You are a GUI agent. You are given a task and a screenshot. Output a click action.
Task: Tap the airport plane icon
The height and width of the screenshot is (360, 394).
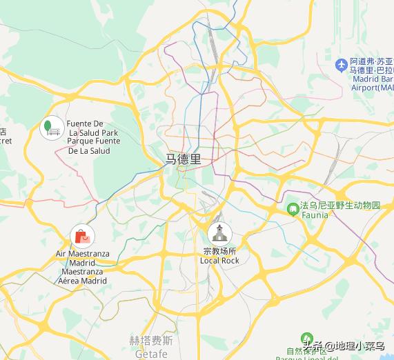tap(340, 65)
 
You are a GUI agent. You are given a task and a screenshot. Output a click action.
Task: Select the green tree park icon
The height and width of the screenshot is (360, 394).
tap(51, 128)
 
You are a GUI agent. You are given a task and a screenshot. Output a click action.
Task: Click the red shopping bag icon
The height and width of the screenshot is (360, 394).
tap(81, 237)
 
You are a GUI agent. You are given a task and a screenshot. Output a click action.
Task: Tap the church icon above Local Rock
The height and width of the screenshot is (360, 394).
tap(219, 233)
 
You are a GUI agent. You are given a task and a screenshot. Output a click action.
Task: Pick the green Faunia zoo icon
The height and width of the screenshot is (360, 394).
tap(293, 207)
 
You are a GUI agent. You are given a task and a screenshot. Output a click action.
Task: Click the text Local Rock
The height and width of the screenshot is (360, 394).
tap(219, 261)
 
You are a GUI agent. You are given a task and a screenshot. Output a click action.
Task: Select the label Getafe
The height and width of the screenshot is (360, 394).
tap(151, 354)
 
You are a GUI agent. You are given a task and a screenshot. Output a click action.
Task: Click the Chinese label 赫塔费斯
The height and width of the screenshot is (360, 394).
tap(151, 341)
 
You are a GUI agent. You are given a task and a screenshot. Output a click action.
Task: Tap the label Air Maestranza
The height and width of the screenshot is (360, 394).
tap(82, 254)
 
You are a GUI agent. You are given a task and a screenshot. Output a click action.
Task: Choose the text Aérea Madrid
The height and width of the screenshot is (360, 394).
tap(82, 281)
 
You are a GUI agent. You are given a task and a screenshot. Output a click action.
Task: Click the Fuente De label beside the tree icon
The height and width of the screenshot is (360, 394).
tap(85, 123)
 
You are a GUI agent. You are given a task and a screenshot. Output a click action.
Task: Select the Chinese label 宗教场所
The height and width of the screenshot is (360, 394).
tap(219, 251)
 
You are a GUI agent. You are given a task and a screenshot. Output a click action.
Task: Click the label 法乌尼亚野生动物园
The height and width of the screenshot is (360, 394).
tap(339, 206)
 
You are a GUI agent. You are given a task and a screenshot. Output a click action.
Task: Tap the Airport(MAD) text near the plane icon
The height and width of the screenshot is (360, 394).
tap(371, 88)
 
